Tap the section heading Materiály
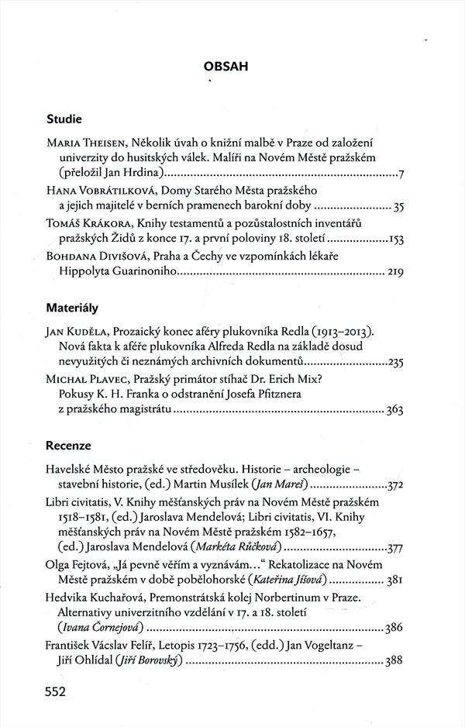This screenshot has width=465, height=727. point(72,308)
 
